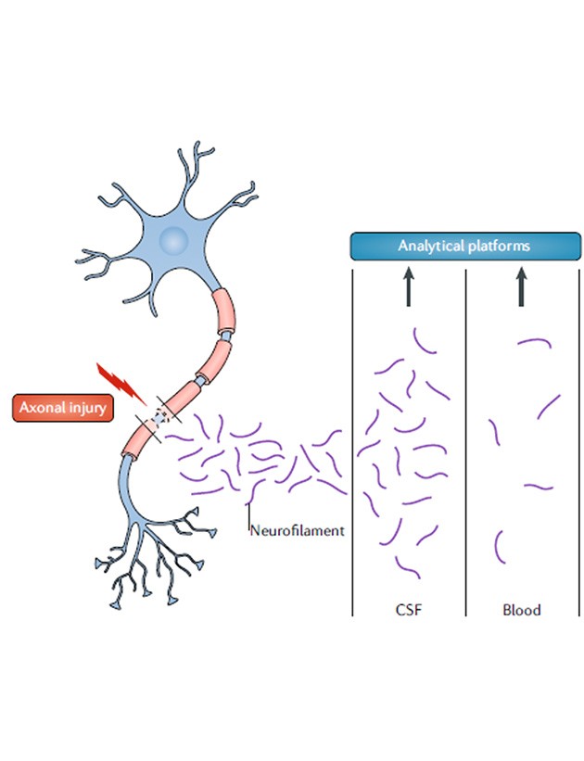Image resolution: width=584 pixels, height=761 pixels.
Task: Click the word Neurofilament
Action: (297, 531)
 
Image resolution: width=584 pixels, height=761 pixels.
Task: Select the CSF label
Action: (409, 610)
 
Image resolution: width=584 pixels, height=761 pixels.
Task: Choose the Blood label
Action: (521, 610)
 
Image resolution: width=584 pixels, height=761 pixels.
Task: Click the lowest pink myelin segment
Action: (139, 440)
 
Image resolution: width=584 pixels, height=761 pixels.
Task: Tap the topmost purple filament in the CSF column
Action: (427, 339)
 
